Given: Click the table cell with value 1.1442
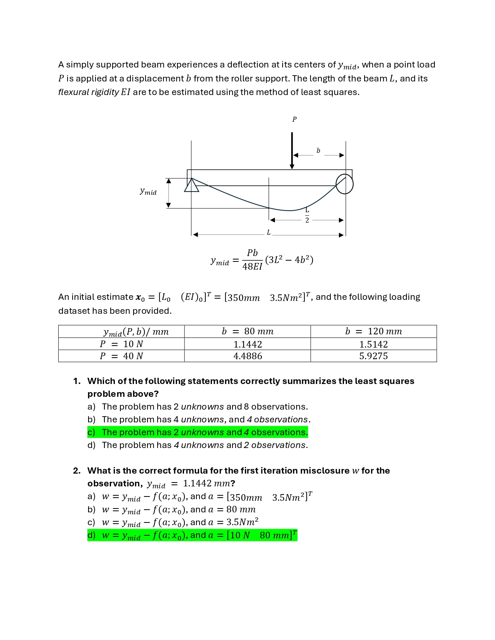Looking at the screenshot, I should coord(247,344).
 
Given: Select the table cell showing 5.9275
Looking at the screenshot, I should coord(373,356).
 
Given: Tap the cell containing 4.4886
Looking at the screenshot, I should coord(247,356).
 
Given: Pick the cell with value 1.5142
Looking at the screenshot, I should coord(373,344).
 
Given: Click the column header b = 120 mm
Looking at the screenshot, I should coord(373,331).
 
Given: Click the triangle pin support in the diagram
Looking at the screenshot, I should coord(191,185).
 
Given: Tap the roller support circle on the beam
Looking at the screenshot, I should coord(344,184).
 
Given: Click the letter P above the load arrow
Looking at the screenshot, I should coord(294,119).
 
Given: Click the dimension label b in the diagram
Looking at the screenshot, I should coord(318,151).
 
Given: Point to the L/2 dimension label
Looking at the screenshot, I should coord(307,215).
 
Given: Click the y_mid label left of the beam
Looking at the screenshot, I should coord(148,191).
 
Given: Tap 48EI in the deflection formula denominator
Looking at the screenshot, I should coord(252,266).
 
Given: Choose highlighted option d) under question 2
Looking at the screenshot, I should coord(192,535).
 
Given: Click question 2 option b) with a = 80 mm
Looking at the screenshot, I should coord(179,509).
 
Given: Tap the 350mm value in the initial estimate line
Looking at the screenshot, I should coord(244,298).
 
